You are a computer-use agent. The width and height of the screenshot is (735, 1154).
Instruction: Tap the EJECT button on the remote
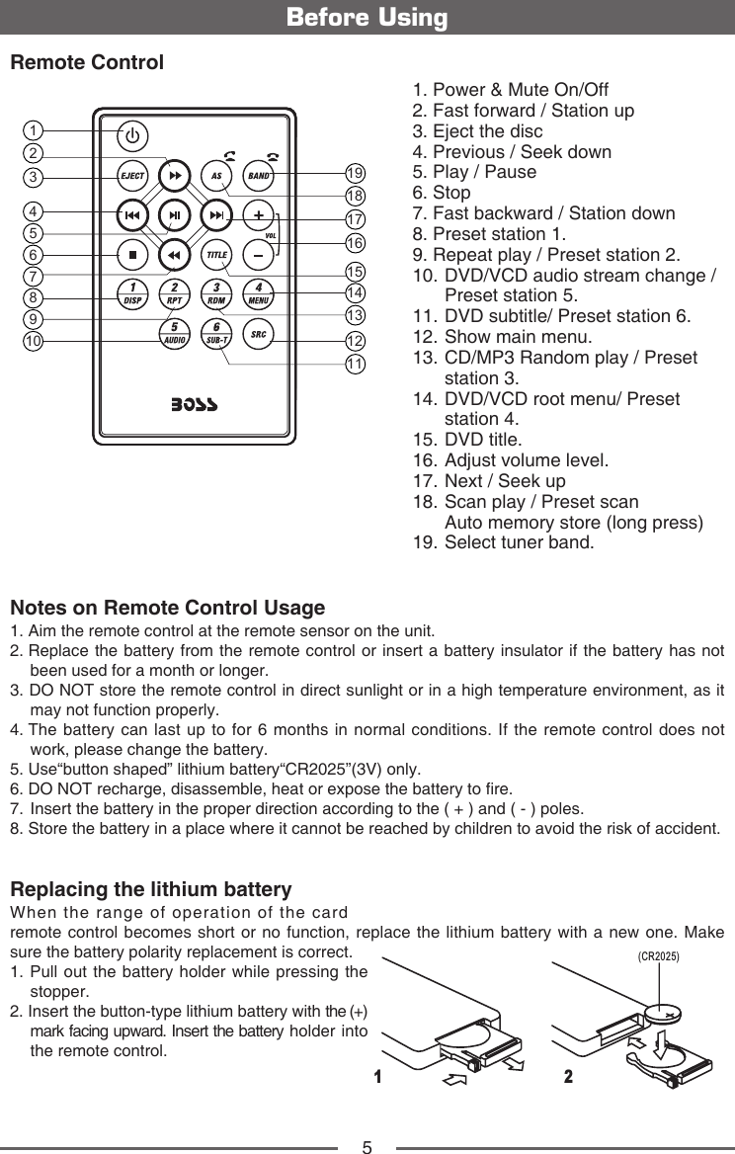(132, 177)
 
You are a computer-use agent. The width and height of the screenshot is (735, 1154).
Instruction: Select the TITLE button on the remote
(216, 255)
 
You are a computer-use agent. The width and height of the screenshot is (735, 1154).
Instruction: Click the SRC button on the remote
(259, 333)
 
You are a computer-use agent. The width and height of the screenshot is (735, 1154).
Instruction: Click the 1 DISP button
(132, 293)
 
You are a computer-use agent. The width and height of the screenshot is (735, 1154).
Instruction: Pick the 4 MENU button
(259, 293)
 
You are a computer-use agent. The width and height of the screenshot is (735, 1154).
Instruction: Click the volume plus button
(258, 215)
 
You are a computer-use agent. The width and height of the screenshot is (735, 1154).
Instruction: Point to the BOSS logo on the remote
(195, 405)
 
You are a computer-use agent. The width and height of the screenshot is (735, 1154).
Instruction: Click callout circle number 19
(356, 176)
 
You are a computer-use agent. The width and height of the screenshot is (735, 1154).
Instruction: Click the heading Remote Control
(86, 63)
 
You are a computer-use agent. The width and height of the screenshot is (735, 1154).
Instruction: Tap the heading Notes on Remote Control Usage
(167, 607)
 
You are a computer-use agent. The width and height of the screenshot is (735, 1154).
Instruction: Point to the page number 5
(367, 1146)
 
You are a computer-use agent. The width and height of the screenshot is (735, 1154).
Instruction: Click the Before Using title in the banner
(367, 18)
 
